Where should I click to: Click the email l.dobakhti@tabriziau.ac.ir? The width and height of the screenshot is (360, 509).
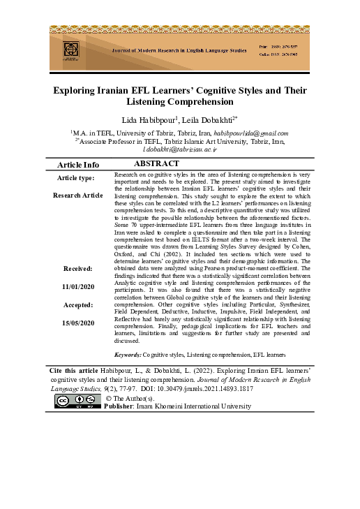[x=180, y=149]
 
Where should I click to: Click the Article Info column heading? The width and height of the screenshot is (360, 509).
[x=77, y=165]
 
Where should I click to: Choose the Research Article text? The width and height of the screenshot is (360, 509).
[x=77, y=196]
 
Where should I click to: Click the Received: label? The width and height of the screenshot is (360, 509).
[x=77, y=268]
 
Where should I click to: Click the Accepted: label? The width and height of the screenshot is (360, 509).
[x=77, y=305]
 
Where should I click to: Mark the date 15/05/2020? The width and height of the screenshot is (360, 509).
[x=77, y=323]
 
